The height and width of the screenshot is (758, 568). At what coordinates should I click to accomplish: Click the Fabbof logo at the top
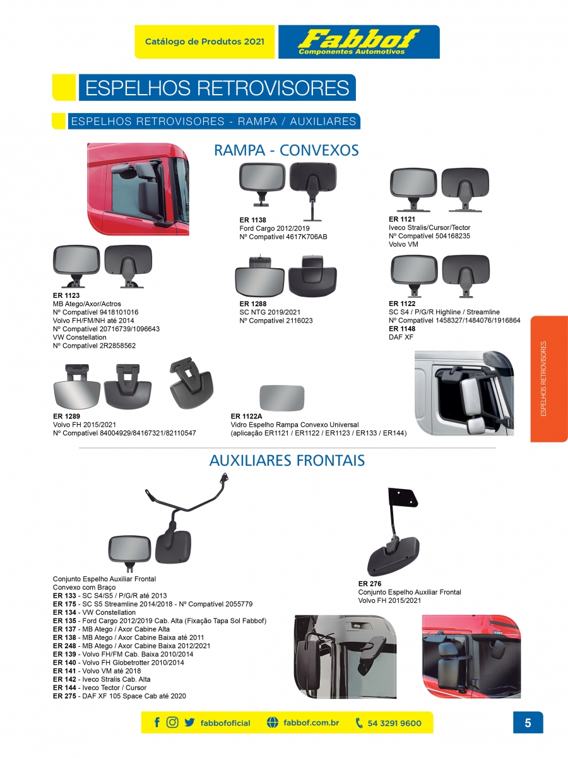click(358, 42)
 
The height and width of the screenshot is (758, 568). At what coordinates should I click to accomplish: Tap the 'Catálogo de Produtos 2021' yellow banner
click(204, 42)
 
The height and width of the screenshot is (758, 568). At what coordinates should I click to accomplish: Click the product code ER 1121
click(401, 219)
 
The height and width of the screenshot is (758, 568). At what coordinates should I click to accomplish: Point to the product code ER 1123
click(66, 295)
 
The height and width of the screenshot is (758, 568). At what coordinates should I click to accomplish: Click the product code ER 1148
click(401, 329)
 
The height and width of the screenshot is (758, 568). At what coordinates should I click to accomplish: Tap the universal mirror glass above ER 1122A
click(282, 399)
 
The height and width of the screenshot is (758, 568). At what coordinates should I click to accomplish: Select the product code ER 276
click(369, 584)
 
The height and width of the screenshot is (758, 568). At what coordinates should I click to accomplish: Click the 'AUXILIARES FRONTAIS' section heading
click(287, 461)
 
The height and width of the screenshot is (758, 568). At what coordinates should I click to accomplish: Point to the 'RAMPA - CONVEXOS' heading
click(287, 150)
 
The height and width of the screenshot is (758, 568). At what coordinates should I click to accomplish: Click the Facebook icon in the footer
click(157, 723)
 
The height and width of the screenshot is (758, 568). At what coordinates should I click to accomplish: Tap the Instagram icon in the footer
click(172, 723)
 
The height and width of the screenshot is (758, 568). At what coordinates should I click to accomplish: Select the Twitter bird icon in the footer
click(189, 723)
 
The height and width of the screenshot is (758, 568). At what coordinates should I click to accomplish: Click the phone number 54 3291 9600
click(394, 723)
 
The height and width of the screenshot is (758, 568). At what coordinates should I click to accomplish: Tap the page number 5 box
click(528, 723)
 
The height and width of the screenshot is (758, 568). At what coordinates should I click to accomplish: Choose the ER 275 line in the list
click(119, 696)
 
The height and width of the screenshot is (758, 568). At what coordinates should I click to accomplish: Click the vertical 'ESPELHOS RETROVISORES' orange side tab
click(548, 379)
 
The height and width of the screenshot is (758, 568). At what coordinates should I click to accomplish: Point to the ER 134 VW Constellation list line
click(94, 612)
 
